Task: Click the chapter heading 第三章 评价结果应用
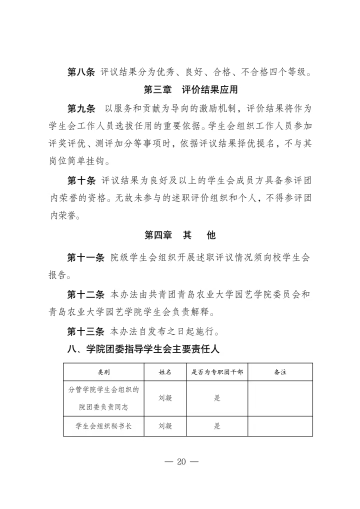point(190,90)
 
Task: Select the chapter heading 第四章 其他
point(180,235)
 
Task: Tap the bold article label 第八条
point(80,72)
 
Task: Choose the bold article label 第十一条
point(85,257)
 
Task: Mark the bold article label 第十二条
point(85,294)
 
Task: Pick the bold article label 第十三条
point(85,331)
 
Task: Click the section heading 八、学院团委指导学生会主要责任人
point(143,349)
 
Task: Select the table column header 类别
point(103,372)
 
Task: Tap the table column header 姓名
point(165,372)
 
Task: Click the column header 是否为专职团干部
point(217,372)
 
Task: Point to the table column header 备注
point(280,372)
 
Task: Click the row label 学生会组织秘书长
point(103,426)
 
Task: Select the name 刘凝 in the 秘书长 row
point(165,426)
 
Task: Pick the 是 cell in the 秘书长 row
point(217,426)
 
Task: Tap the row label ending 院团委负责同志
point(103,407)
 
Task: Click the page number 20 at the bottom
point(180,461)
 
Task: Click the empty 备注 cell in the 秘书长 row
point(280,426)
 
